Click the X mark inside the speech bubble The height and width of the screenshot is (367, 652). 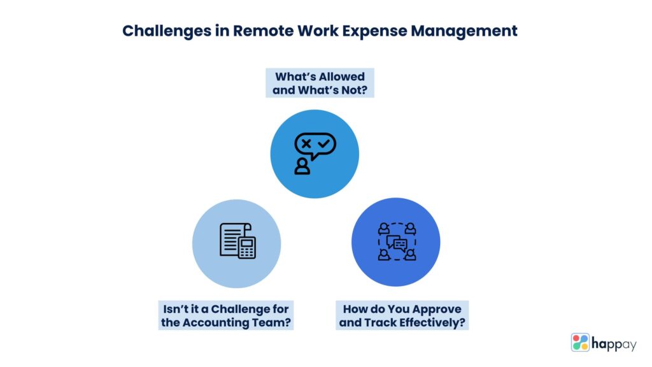[x=306, y=144]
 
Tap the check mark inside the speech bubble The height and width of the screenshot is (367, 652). [x=323, y=144]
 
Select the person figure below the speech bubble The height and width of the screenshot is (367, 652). [x=302, y=166]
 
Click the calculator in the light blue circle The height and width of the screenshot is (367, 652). [x=247, y=247]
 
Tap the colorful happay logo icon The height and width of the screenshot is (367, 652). [x=580, y=342]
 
